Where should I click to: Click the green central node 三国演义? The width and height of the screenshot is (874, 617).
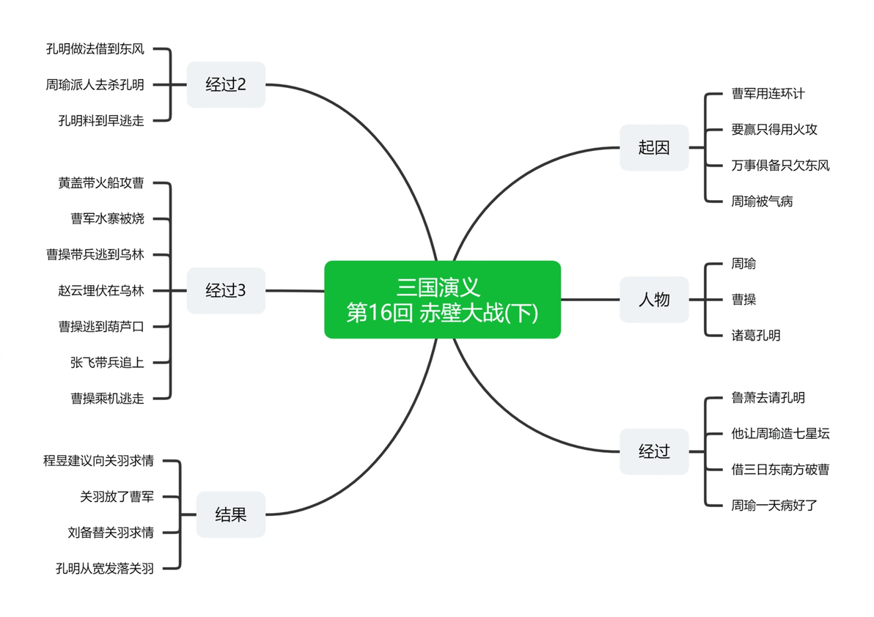[x=442, y=300]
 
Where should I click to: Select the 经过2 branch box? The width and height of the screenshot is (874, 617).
[x=226, y=85]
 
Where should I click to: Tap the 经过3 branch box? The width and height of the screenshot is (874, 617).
[x=226, y=291]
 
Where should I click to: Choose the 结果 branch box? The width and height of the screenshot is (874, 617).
[x=231, y=514]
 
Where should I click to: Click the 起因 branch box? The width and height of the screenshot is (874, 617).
[x=654, y=147]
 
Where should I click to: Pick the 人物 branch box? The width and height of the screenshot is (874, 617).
[x=654, y=300]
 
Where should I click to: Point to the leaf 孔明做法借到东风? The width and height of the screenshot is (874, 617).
[x=95, y=49]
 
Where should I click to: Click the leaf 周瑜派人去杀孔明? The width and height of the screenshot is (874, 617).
[x=95, y=85]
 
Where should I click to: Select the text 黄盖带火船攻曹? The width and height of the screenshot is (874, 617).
[x=101, y=183]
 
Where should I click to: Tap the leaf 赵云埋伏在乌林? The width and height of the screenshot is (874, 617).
[x=101, y=291]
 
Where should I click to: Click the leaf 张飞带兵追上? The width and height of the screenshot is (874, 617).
[x=108, y=363]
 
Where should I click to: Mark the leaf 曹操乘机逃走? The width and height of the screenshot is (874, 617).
[x=108, y=398]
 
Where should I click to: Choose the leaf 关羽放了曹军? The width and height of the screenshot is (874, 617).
[x=117, y=497]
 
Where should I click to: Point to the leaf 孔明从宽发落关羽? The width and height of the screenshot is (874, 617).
[x=105, y=569]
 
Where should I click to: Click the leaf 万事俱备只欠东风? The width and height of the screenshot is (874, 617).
[x=780, y=166]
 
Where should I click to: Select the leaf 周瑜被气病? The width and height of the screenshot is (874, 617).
[x=762, y=202]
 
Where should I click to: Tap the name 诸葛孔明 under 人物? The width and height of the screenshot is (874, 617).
[x=756, y=335]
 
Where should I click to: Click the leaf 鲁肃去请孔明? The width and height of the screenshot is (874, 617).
[x=768, y=398]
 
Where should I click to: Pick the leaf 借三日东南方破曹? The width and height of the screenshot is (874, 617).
[x=780, y=470]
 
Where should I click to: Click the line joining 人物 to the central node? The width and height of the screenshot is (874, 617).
[x=590, y=300]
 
